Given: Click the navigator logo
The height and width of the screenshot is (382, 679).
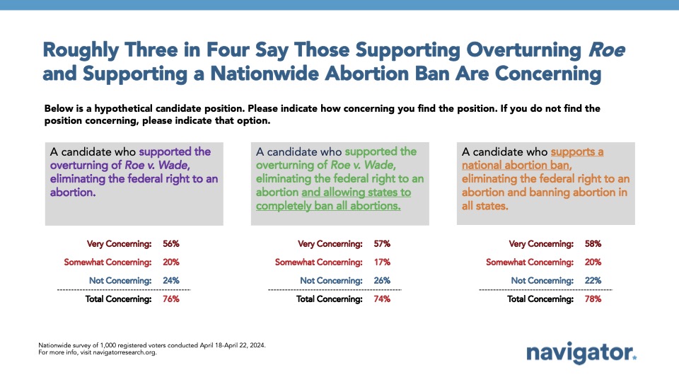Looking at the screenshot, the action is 581,353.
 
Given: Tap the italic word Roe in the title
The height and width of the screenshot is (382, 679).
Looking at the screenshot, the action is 606,50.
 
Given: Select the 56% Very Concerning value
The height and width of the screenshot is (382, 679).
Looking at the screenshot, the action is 171,244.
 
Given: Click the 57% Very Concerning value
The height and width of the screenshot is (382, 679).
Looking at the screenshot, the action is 382,244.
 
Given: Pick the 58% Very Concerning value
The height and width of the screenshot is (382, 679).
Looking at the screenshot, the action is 593,244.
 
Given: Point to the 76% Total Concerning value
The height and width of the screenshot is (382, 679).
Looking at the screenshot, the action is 171,299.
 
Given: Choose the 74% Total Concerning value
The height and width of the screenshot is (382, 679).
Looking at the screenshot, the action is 382,299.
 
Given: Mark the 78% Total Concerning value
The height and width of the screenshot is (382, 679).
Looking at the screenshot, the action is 593,299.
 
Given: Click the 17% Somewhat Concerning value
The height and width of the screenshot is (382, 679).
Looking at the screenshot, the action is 382,262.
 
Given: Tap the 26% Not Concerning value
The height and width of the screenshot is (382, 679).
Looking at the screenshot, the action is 382,281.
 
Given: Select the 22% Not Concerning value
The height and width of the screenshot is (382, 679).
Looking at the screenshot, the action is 593,281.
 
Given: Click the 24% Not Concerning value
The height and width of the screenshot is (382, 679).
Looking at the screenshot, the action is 171,281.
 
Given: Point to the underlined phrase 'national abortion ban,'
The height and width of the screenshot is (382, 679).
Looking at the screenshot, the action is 516,166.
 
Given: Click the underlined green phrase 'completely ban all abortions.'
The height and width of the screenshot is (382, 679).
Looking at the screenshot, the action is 328,206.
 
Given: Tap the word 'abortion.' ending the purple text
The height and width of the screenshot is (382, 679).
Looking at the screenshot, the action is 73,192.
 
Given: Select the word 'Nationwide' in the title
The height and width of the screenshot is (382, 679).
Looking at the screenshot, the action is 265,74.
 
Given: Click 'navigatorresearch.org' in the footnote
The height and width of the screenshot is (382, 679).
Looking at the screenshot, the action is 124,352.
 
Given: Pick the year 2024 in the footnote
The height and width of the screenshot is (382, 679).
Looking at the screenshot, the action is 257,346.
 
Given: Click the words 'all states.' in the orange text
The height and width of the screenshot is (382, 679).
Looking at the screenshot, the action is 484,206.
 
